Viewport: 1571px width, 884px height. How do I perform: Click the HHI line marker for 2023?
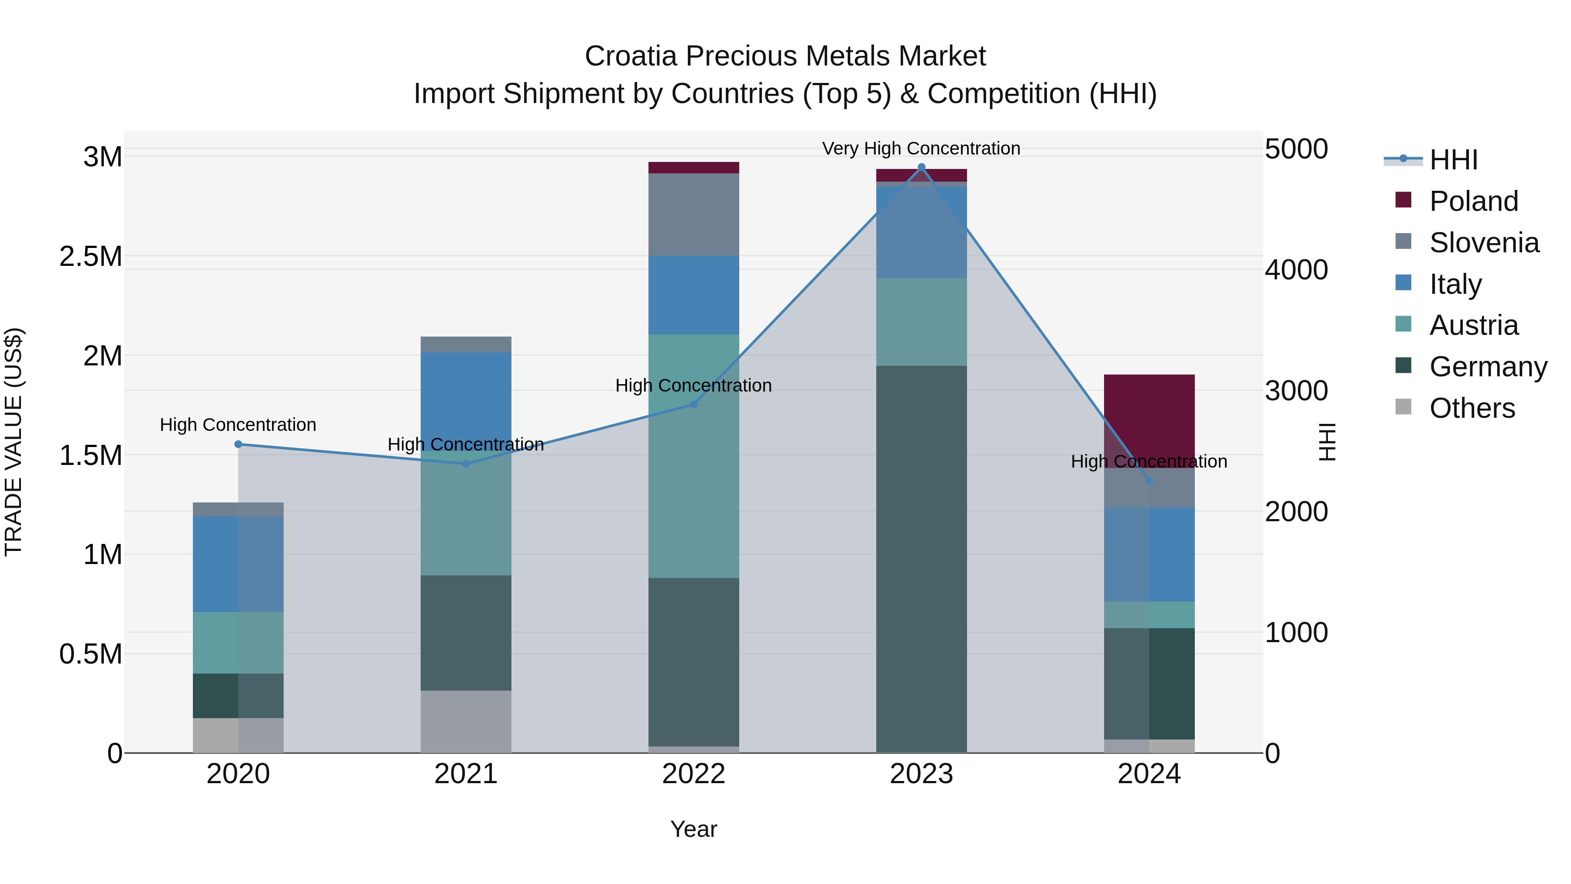[x=922, y=167]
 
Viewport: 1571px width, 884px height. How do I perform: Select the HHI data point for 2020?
[x=238, y=444]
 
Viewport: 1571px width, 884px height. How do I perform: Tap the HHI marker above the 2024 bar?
[x=1149, y=481]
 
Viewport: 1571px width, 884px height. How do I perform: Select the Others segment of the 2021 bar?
[x=466, y=721]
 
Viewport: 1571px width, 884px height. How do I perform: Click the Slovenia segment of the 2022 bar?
[x=693, y=214]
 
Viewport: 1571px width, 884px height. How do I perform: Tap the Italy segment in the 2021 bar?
[x=466, y=396]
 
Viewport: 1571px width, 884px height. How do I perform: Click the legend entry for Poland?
[x=1473, y=201]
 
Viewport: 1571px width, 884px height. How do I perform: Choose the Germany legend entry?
[x=1488, y=367]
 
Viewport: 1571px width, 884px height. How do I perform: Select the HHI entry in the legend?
[x=1453, y=160]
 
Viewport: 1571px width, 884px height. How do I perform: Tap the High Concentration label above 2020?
[x=238, y=425]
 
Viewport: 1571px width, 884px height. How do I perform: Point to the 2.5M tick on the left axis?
[x=91, y=256]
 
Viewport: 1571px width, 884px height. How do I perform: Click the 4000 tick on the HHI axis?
[x=1296, y=270]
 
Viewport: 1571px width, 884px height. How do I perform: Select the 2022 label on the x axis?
[x=693, y=774]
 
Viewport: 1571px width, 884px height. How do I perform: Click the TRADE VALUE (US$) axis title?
[x=14, y=442]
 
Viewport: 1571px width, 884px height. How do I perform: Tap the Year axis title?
[x=693, y=829]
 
